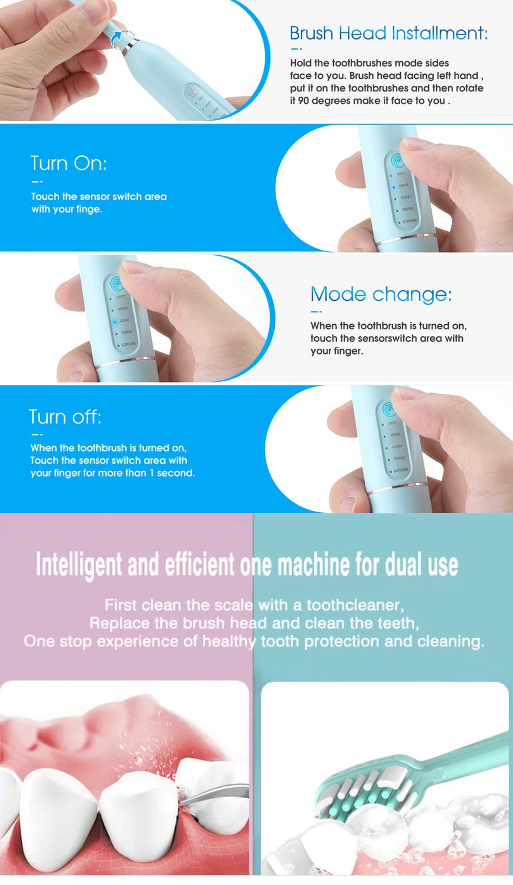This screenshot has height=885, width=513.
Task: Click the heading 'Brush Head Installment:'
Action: pos(388,33)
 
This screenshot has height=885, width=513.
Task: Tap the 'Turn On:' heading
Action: pos(68,163)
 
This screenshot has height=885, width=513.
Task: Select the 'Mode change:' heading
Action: pos(381,294)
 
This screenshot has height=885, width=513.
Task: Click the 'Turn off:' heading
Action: pos(65,417)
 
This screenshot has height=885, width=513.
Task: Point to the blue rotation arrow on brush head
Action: pos(116,41)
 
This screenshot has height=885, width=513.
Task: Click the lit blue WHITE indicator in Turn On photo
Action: pos(394,187)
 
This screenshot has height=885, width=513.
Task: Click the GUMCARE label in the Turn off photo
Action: pos(400,470)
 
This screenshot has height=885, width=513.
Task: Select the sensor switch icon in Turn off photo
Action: pos(389,409)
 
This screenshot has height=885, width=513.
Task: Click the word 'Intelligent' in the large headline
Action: pos(79,565)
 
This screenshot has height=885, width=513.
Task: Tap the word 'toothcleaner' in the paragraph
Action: pos(354,605)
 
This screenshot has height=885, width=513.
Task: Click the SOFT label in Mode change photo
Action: pos(121,297)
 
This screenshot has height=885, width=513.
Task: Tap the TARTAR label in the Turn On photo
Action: pos(407,209)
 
